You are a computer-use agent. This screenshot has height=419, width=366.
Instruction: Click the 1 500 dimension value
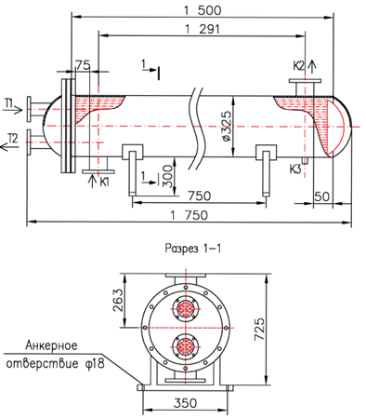203,10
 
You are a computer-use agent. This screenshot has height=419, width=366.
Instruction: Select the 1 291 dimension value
203,29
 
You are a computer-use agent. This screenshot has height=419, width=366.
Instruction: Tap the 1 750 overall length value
190,215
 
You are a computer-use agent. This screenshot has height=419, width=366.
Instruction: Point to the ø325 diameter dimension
227,126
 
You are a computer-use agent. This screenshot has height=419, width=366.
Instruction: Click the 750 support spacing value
200,196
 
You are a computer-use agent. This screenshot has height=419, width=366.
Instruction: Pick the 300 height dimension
167,176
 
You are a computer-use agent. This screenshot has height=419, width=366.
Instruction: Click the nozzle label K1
104,182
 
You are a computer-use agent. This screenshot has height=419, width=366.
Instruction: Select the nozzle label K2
299,66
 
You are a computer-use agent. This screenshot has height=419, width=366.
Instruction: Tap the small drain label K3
295,169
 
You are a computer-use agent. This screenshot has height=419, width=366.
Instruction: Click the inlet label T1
9,102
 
